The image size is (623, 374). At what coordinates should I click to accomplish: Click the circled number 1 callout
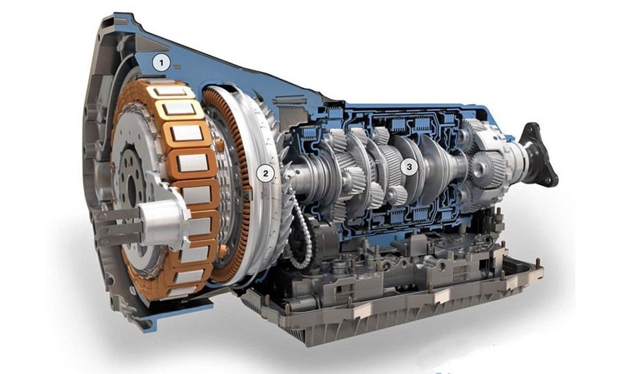[x=162, y=63]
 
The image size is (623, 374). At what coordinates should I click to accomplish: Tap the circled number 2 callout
[x=265, y=173]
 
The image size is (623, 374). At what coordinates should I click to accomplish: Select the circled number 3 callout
[x=409, y=167]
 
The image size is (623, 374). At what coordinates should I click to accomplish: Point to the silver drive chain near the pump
[x=301, y=234]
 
